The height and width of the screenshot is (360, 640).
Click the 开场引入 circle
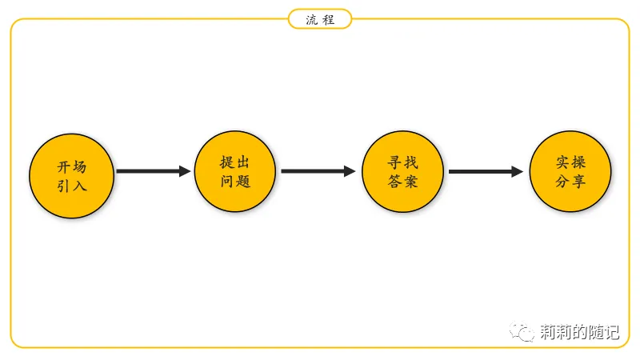72,176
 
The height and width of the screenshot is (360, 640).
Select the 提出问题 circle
236,170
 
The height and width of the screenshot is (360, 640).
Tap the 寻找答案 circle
402,170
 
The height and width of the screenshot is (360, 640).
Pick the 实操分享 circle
570,170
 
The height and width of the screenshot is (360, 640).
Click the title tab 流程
320,19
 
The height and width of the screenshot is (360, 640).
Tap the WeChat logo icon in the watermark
524,331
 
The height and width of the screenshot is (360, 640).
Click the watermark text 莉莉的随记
579,332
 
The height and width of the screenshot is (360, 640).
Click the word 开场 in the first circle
72,167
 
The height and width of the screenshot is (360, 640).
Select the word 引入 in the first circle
72,186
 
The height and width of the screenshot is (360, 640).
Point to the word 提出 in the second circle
236,162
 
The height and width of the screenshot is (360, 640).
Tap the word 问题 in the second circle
236,181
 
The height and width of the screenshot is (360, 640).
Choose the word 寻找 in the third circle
402,162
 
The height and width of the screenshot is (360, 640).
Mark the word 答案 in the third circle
402,181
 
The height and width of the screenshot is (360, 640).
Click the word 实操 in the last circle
570,162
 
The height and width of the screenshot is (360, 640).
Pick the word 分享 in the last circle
570,181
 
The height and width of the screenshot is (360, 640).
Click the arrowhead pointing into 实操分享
517,171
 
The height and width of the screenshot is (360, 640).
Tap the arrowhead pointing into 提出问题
185,171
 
